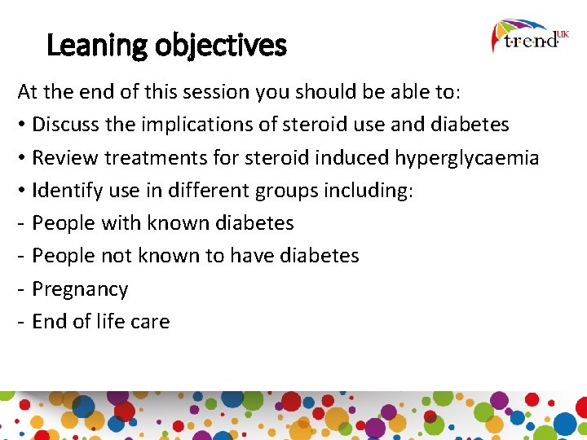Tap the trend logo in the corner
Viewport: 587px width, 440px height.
tap(530, 37)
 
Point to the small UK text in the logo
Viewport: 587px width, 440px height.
tap(563, 33)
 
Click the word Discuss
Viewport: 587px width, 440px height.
tap(65, 125)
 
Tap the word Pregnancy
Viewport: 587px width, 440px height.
tap(80, 289)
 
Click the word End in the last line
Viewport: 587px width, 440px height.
tap(47, 322)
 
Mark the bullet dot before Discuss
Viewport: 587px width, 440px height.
tap(22, 125)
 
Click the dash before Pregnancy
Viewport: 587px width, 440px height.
tap(21, 289)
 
